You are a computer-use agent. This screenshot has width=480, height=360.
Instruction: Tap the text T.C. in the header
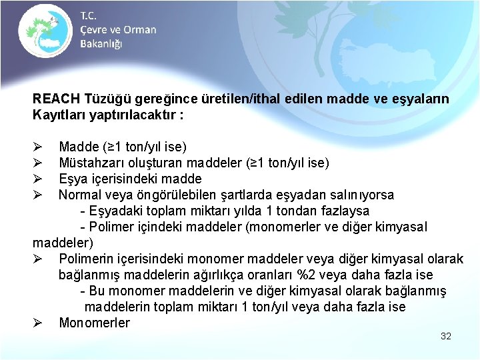coord(89,15)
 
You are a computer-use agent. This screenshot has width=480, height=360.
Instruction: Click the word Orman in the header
coord(140,29)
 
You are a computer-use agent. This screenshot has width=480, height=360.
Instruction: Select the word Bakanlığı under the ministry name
coord(101,43)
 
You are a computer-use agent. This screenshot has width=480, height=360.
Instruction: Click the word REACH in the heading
coord(57,99)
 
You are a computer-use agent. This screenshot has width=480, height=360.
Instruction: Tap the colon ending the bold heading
coord(181,114)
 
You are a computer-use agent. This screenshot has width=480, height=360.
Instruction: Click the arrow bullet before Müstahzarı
coord(37,163)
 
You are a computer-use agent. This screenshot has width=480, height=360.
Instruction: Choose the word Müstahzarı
coord(89,163)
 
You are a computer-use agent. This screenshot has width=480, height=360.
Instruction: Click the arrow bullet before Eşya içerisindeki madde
coord(37,179)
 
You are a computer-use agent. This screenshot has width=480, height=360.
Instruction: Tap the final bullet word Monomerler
coord(94,323)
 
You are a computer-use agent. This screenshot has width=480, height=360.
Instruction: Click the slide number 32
coord(446,336)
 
